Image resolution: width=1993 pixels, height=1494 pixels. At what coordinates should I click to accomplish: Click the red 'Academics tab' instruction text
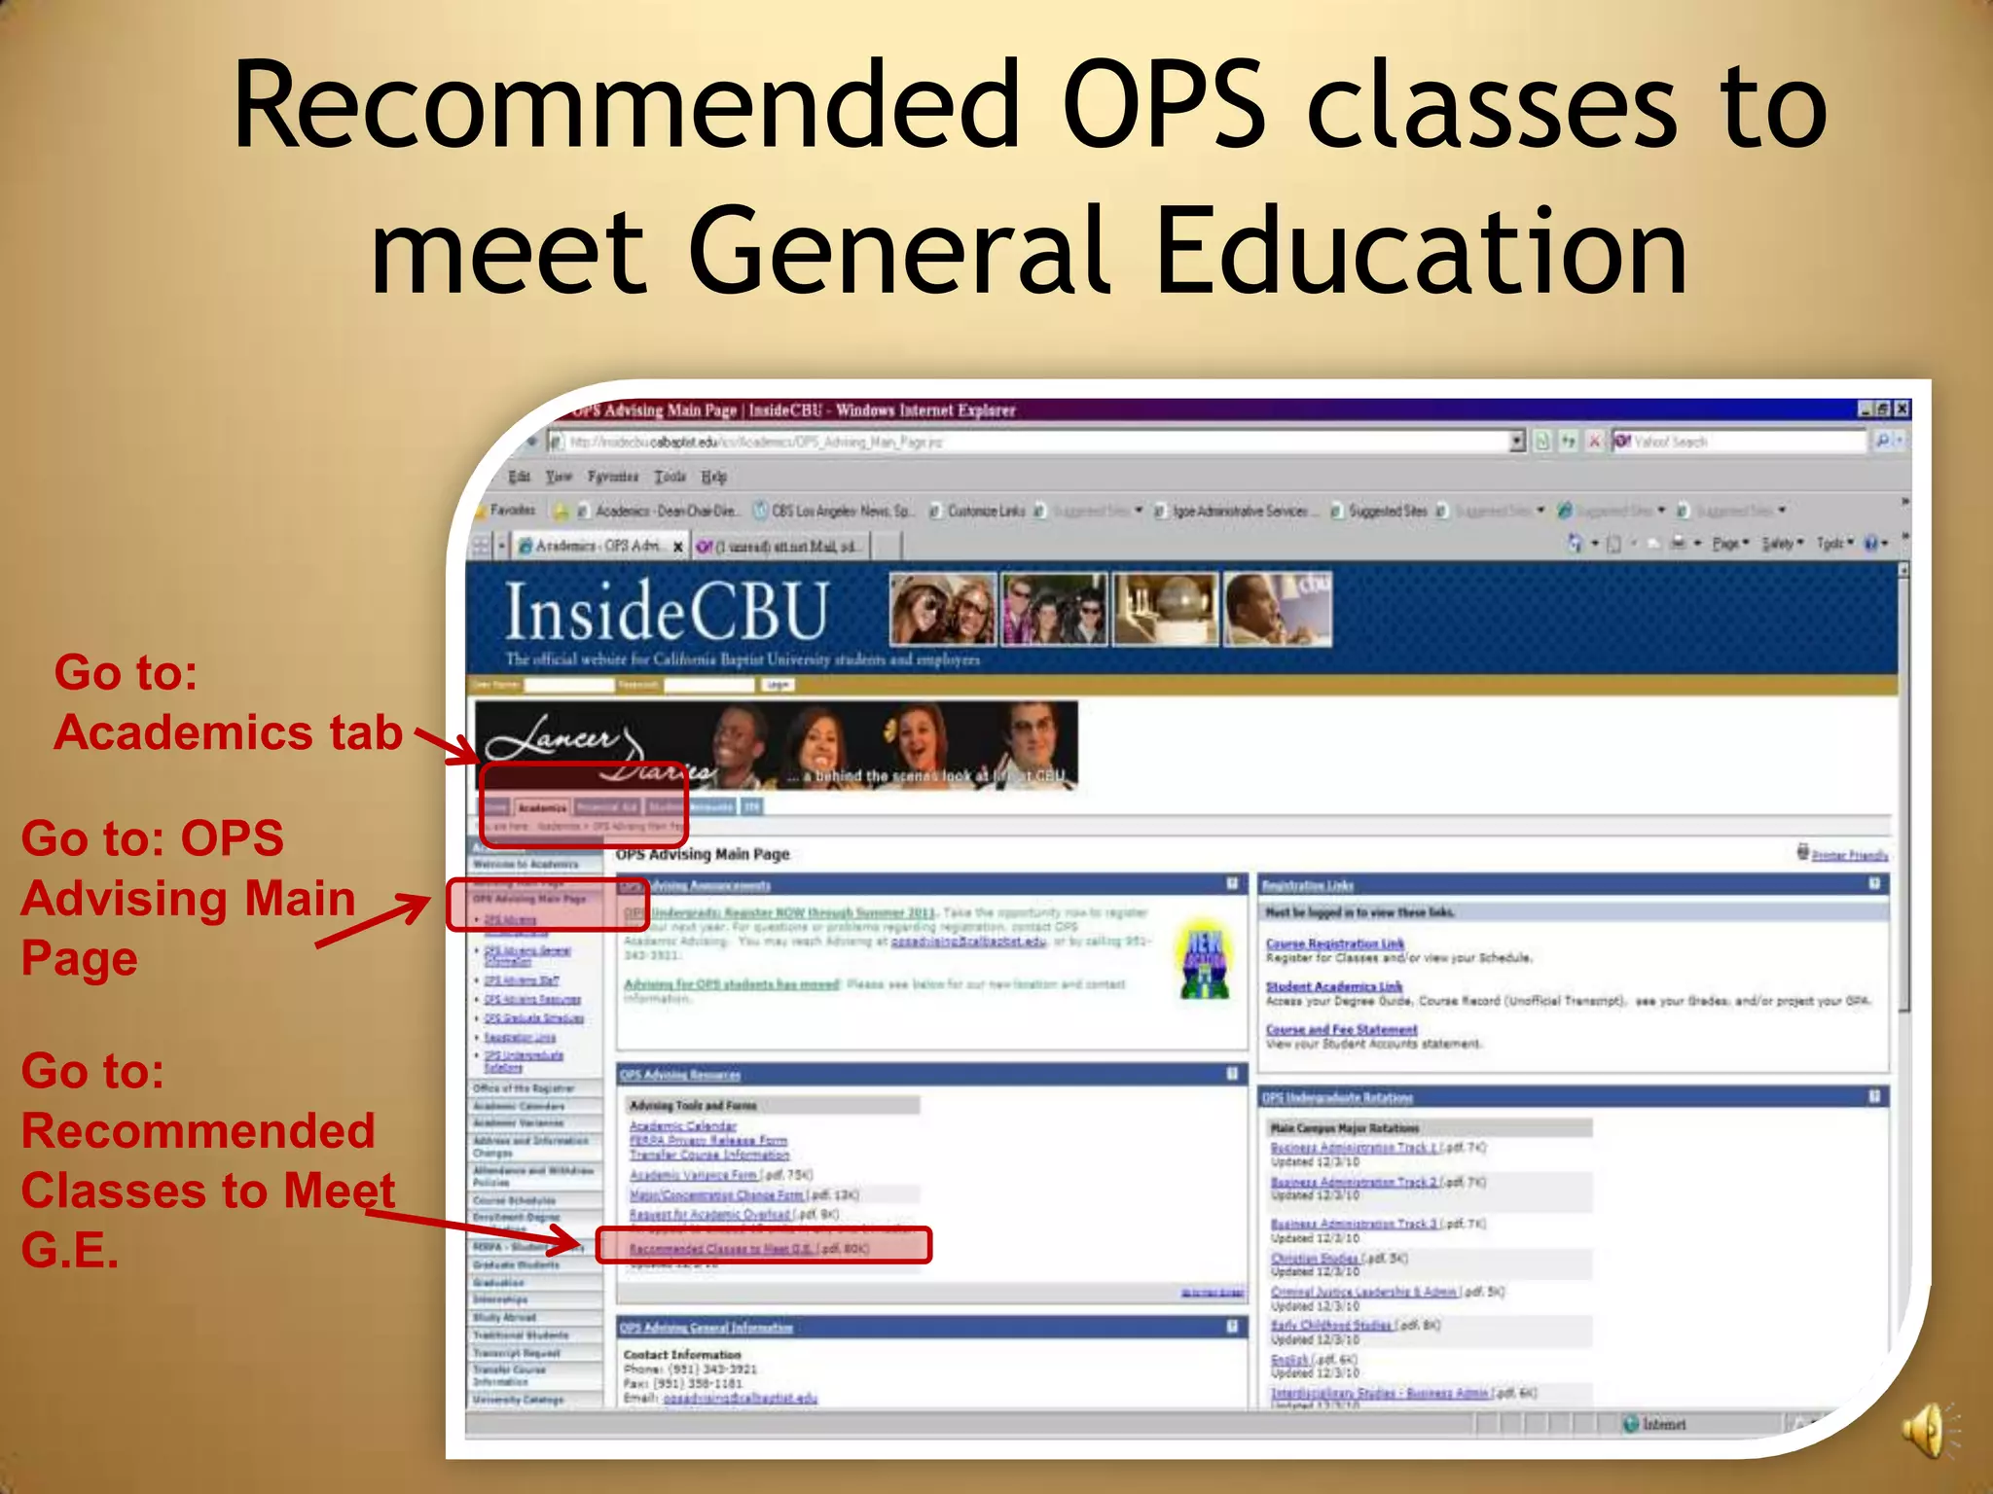tap(229, 732)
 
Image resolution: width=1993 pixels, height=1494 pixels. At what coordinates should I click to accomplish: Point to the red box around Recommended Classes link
tap(763, 1246)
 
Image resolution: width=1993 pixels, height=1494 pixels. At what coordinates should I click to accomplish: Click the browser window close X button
tap(1902, 409)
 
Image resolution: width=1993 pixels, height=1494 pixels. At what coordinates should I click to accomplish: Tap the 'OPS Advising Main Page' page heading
tap(703, 855)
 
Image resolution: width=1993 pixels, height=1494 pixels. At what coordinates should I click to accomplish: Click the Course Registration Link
tap(1334, 943)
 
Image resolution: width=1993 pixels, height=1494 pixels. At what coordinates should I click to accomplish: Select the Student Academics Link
tap(1333, 986)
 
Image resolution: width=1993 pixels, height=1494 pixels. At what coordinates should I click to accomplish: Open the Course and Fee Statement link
tap(1341, 1029)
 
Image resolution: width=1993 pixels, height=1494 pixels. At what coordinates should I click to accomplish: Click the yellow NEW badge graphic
tap(1204, 959)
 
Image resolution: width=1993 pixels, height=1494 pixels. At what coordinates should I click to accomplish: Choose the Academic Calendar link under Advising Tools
tap(682, 1125)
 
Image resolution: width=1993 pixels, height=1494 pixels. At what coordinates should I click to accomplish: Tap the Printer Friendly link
tap(1849, 855)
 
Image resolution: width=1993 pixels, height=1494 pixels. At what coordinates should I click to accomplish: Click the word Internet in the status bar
tap(1664, 1424)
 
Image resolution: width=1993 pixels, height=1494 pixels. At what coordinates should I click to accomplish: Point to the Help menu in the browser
tap(713, 477)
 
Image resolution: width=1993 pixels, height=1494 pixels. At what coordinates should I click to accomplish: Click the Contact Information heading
tap(682, 1354)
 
